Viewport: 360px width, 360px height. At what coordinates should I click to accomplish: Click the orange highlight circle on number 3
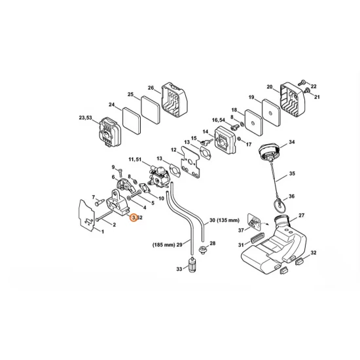pos(134,217)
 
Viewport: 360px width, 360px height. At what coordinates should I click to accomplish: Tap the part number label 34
pos(291,142)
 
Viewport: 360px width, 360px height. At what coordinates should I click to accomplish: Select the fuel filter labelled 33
pos(191,265)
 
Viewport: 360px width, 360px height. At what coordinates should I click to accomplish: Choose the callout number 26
pos(151,88)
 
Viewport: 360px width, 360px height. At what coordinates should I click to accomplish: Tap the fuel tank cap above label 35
pos(270,152)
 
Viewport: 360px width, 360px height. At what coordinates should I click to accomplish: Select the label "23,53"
pos(85,118)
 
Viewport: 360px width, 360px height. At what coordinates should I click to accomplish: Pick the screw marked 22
pos(302,82)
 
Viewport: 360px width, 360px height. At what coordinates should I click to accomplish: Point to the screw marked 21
pos(306,90)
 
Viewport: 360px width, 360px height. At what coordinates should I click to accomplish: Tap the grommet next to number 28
pos(203,249)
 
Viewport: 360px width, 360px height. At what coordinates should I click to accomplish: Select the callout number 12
pos(173,150)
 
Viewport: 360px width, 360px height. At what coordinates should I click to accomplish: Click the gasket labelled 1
pos(86,215)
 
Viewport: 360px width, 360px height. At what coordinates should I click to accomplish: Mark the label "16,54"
pos(219,120)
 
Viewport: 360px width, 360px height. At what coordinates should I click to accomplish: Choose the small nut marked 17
pos(239,139)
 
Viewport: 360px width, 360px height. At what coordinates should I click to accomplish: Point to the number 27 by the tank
pos(302,215)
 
